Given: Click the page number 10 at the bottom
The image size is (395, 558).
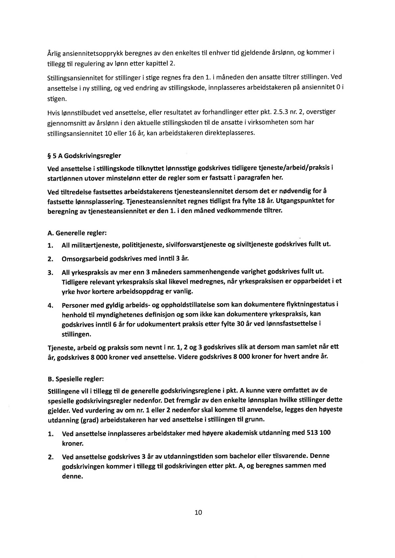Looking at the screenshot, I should tap(198, 512).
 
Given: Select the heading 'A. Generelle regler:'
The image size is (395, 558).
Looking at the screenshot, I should tap(77, 233).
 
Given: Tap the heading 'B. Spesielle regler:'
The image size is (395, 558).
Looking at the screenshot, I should tap(76, 379).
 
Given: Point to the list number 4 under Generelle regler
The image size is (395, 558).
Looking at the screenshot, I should tap(50, 306).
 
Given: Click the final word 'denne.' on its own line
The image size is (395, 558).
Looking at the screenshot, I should tap(72, 476).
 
